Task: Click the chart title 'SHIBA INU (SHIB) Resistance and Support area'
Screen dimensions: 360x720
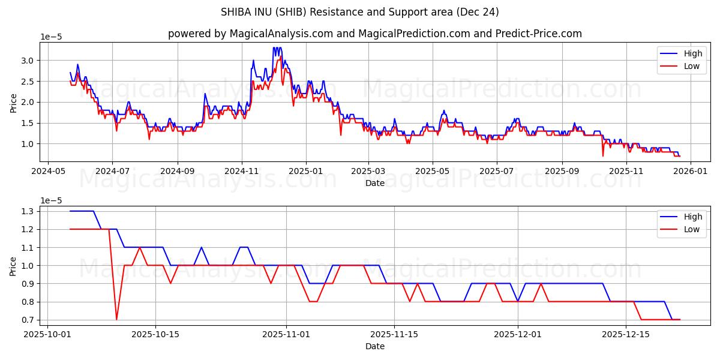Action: [x=360, y=12]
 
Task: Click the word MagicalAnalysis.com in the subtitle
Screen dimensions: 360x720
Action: [x=281, y=34]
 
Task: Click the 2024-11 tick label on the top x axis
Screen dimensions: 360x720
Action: [x=242, y=171]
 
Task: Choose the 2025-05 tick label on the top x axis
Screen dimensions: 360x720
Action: [x=433, y=171]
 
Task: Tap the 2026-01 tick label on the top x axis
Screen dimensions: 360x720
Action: [x=690, y=171]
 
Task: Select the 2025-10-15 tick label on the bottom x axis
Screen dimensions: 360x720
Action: [x=155, y=334]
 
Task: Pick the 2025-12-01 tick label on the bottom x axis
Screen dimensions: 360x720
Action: [x=517, y=334]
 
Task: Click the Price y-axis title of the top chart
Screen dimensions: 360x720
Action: [x=14, y=102]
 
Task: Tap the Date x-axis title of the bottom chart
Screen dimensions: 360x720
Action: [x=375, y=346]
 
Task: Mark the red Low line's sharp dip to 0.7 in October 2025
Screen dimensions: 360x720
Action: [x=116, y=319]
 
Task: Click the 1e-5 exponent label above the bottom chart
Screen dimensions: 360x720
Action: [x=51, y=200]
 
